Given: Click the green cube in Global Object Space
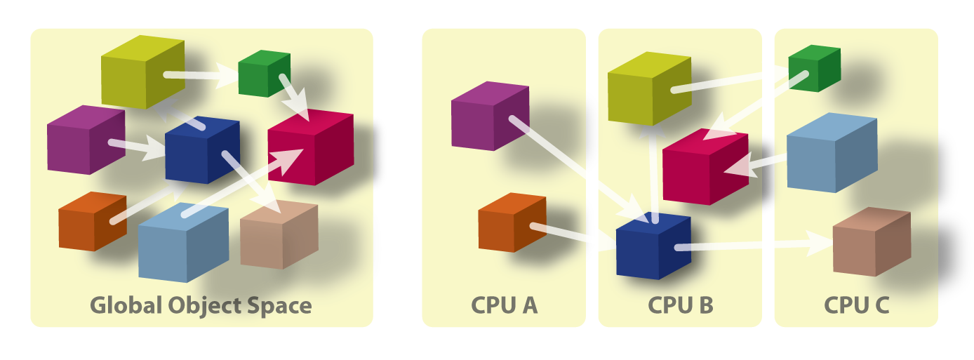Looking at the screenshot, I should click(x=264, y=73).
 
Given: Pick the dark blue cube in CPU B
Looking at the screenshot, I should click(x=653, y=247).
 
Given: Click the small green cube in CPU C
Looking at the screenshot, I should click(x=814, y=68).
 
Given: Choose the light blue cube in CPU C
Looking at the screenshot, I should click(x=831, y=152).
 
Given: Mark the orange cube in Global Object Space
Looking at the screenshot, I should click(x=92, y=221).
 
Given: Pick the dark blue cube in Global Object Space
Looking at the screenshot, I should click(x=202, y=149).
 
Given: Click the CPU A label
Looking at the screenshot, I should click(x=504, y=305).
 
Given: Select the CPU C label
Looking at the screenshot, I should click(x=856, y=305).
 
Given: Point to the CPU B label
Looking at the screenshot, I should click(x=680, y=305).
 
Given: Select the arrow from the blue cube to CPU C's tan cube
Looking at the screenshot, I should click(x=751, y=245).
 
